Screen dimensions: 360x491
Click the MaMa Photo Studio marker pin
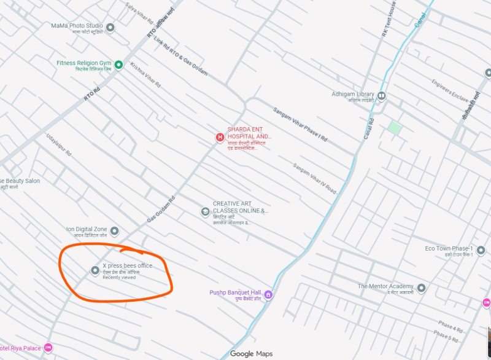coord(110,27)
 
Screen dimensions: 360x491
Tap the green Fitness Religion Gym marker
coord(119,65)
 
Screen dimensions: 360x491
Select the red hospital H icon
coord(220,138)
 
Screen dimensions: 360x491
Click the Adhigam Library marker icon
coord(381,95)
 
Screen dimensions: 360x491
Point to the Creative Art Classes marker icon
coord(205,212)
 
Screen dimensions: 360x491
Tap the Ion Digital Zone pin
coord(114,231)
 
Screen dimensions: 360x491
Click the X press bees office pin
coord(95,270)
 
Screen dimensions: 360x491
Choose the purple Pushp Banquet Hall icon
coord(268,295)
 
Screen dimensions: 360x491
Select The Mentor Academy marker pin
coord(421,288)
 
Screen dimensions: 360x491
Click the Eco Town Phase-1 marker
coord(481,250)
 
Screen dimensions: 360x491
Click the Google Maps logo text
coord(251,353)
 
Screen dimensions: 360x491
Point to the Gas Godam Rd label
coord(161,209)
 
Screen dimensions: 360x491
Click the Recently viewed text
coord(119,278)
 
